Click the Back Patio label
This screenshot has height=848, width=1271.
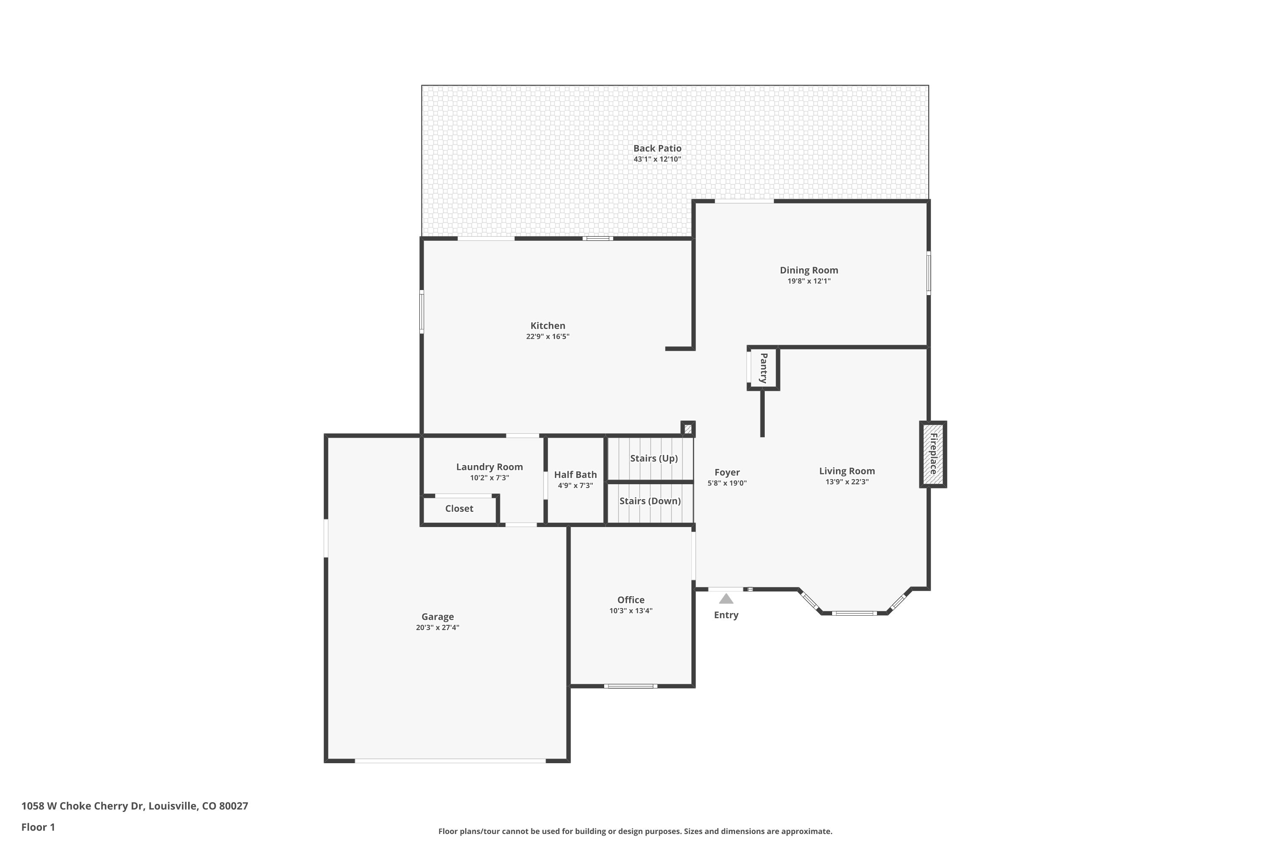click(657, 148)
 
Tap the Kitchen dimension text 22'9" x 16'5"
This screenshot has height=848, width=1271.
click(547, 336)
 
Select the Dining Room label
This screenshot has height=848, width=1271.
click(808, 270)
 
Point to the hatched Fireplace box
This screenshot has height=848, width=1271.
click(933, 454)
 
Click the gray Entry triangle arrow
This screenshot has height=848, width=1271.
click(726, 599)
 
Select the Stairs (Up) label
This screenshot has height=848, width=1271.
click(653, 458)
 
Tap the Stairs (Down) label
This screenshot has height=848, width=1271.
click(649, 501)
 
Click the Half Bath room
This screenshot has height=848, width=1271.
click(575, 479)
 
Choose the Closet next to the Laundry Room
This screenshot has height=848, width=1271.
click(459, 508)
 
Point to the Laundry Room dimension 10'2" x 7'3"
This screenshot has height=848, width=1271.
click(489, 477)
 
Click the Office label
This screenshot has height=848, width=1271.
click(631, 600)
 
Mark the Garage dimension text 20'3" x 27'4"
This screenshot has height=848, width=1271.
click(437, 628)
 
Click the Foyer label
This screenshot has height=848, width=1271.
click(727, 472)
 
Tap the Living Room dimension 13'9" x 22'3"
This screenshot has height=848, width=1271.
click(846, 482)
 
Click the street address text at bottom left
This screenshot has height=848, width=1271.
click(135, 806)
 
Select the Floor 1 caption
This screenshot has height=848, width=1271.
click(38, 827)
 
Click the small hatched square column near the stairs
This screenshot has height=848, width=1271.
click(688, 429)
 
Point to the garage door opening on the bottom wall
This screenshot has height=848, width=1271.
click(450, 760)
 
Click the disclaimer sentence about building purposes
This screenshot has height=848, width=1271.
click(635, 831)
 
